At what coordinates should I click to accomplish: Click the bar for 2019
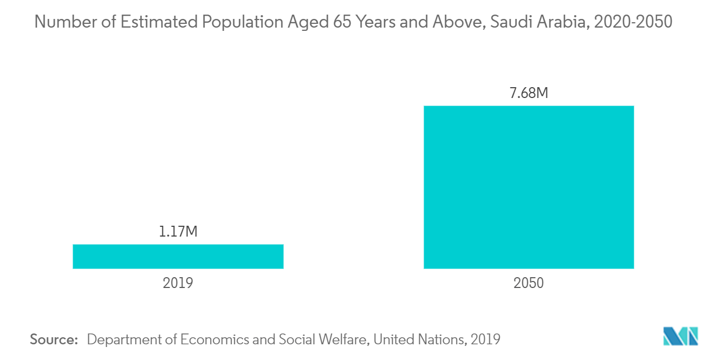point(178,256)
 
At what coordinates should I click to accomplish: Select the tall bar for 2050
point(528,187)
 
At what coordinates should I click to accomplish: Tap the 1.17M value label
point(178,232)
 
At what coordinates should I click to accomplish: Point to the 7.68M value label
point(528,93)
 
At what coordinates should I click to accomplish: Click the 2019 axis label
point(178,283)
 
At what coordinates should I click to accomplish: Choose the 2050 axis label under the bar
point(528,283)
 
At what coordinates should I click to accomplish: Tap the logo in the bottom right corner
point(680,336)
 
